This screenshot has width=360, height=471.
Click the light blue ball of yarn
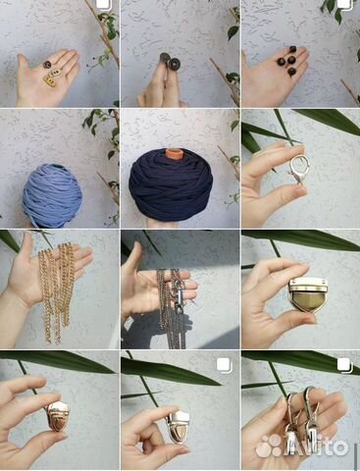52,195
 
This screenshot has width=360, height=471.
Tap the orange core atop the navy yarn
172,153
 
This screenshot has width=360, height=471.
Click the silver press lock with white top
178,425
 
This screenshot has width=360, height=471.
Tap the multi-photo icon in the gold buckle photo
104,5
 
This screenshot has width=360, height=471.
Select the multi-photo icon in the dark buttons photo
344,4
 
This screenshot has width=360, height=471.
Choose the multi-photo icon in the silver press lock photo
225,365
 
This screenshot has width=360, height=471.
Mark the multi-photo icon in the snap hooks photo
344,365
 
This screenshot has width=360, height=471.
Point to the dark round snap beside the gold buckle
49,64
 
